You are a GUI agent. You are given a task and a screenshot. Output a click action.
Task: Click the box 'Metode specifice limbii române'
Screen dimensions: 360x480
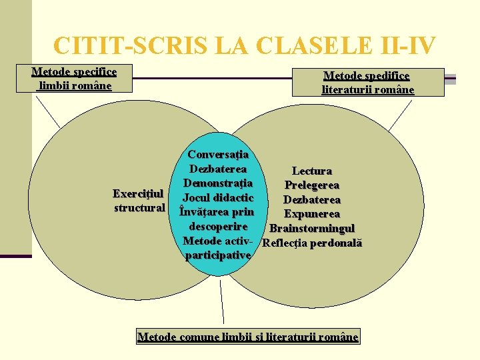point(74,79)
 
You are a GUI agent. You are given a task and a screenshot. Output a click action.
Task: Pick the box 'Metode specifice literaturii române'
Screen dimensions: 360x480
point(367,83)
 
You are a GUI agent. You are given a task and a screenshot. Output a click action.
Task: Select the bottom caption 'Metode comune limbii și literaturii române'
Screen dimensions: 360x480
point(247,337)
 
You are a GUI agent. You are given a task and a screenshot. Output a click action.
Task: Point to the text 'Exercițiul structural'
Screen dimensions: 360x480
point(139,201)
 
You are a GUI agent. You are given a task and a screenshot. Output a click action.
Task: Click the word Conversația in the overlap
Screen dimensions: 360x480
point(218,155)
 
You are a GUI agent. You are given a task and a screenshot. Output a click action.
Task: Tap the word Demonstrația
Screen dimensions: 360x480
point(218,183)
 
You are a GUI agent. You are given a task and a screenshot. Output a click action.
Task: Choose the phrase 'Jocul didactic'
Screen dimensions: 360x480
point(218,197)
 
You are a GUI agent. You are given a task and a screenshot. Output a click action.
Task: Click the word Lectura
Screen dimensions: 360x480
point(311,171)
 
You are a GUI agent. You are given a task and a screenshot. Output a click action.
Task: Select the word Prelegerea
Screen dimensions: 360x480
point(311,185)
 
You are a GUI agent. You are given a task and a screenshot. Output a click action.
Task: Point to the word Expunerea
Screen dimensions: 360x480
point(311,214)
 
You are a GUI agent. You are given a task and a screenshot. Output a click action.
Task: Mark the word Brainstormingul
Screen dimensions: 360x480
point(312,229)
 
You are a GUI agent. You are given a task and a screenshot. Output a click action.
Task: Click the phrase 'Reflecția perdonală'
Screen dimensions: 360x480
point(312,243)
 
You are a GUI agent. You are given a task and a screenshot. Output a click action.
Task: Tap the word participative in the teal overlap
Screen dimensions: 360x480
point(218,255)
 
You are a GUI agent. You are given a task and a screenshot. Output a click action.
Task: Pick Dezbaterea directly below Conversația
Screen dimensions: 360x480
point(218,169)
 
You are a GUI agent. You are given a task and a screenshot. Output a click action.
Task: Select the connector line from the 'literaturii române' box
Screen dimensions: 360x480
point(399,113)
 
